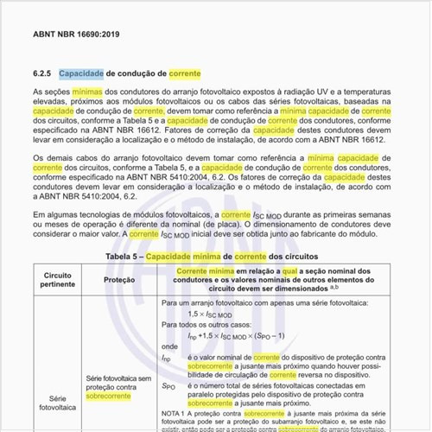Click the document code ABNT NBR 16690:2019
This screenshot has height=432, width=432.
(77, 35)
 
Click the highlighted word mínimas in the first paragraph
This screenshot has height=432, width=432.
(87, 92)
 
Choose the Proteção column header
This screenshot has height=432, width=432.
(119, 281)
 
